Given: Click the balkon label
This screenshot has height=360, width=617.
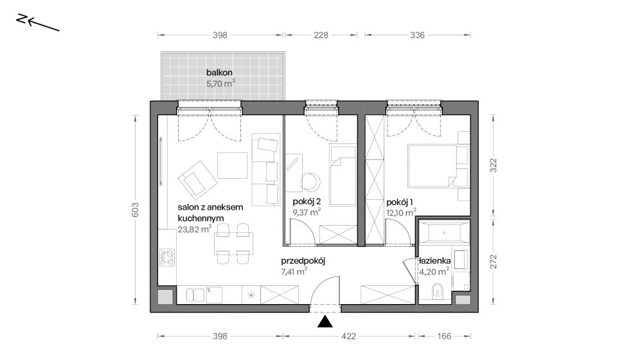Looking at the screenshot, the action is coord(219,73).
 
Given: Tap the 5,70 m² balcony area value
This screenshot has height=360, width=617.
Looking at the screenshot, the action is coord(220,84).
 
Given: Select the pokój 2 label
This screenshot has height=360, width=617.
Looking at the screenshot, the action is coord(307,202).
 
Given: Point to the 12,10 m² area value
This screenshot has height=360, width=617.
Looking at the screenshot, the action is coord(401,212).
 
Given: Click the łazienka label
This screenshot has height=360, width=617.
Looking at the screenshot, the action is coord(435,261).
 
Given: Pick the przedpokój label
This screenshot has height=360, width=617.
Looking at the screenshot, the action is coord(303,261).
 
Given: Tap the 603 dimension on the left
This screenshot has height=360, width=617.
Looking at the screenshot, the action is coord(135,210).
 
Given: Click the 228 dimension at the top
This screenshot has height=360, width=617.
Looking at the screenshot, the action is coord(321,35).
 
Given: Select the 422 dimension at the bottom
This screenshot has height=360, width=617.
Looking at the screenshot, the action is coord(348,336).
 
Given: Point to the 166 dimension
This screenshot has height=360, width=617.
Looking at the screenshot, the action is coord(444,336).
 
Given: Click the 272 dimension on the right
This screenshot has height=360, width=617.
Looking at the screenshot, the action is coord(494,262).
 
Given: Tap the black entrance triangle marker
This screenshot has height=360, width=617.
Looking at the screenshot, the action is coord(325,321).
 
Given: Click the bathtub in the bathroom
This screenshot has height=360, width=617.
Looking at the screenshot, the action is coord(444,232).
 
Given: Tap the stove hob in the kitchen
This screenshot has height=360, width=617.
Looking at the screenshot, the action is coord(167,258).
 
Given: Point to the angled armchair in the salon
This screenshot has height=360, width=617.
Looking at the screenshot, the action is coord(197,179).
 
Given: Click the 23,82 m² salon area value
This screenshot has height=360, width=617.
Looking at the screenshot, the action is coord(195,230).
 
